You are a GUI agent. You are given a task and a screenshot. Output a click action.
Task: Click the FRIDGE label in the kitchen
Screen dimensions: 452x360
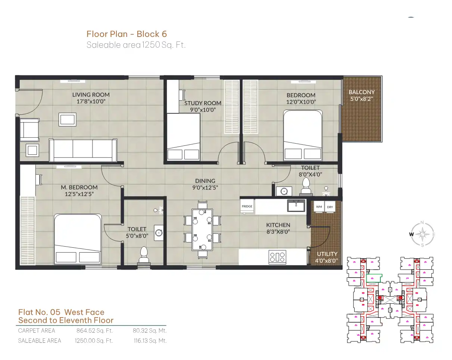(x=247, y=206)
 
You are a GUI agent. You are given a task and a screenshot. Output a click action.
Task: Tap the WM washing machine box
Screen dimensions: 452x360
(x=319, y=207)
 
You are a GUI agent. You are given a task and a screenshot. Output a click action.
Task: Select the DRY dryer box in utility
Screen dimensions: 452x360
(x=330, y=207)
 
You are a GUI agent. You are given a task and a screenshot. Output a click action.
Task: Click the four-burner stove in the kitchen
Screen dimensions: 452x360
(x=277, y=257)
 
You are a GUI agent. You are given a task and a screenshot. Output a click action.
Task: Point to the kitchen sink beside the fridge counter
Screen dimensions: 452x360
(x=296, y=206)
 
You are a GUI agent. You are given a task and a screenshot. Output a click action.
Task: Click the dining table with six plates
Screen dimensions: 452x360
(x=202, y=230)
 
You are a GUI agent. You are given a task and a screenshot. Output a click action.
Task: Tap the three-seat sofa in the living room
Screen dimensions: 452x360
(x=83, y=150)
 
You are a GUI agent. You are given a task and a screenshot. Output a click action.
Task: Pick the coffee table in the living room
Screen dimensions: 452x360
(x=68, y=119)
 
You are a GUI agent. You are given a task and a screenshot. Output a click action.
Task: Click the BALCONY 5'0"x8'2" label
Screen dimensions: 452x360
(x=361, y=95)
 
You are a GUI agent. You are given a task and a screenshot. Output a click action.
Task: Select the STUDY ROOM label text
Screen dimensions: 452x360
(x=203, y=103)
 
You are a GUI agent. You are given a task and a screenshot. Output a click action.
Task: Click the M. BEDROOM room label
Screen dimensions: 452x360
(x=79, y=187)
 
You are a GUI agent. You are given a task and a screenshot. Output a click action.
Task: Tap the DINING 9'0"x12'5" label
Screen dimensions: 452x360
(x=205, y=184)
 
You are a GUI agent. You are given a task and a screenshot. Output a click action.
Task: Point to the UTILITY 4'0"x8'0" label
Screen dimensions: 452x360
(x=327, y=257)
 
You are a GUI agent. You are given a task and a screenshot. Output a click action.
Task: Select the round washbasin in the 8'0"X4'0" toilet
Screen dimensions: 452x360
(x=284, y=191)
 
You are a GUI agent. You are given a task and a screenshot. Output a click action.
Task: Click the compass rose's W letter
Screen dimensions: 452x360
(x=411, y=234)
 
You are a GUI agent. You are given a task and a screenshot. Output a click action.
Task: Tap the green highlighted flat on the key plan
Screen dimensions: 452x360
(x=374, y=278)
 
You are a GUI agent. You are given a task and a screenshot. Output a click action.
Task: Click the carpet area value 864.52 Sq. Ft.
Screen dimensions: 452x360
(x=94, y=331)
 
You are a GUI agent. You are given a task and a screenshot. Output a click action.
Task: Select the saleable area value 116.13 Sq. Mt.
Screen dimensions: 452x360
(x=150, y=341)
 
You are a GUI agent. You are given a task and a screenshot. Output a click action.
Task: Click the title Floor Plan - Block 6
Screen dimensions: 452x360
(x=127, y=34)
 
